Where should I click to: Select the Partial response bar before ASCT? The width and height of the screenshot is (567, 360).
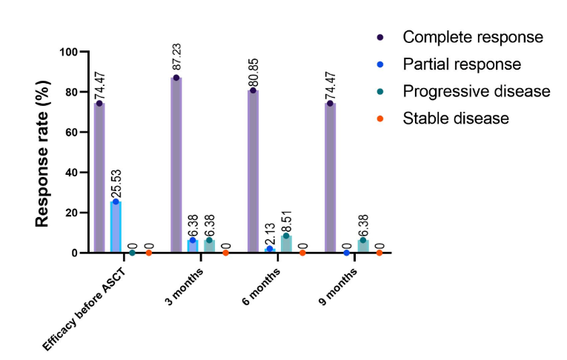tap(116, 227)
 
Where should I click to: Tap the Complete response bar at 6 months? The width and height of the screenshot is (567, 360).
tap(253, 171)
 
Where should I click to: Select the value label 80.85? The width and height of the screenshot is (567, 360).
tap(253, 69)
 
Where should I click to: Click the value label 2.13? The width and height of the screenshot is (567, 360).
tap(271, 233)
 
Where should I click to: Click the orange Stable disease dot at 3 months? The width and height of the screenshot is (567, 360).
tap(226, 253)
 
